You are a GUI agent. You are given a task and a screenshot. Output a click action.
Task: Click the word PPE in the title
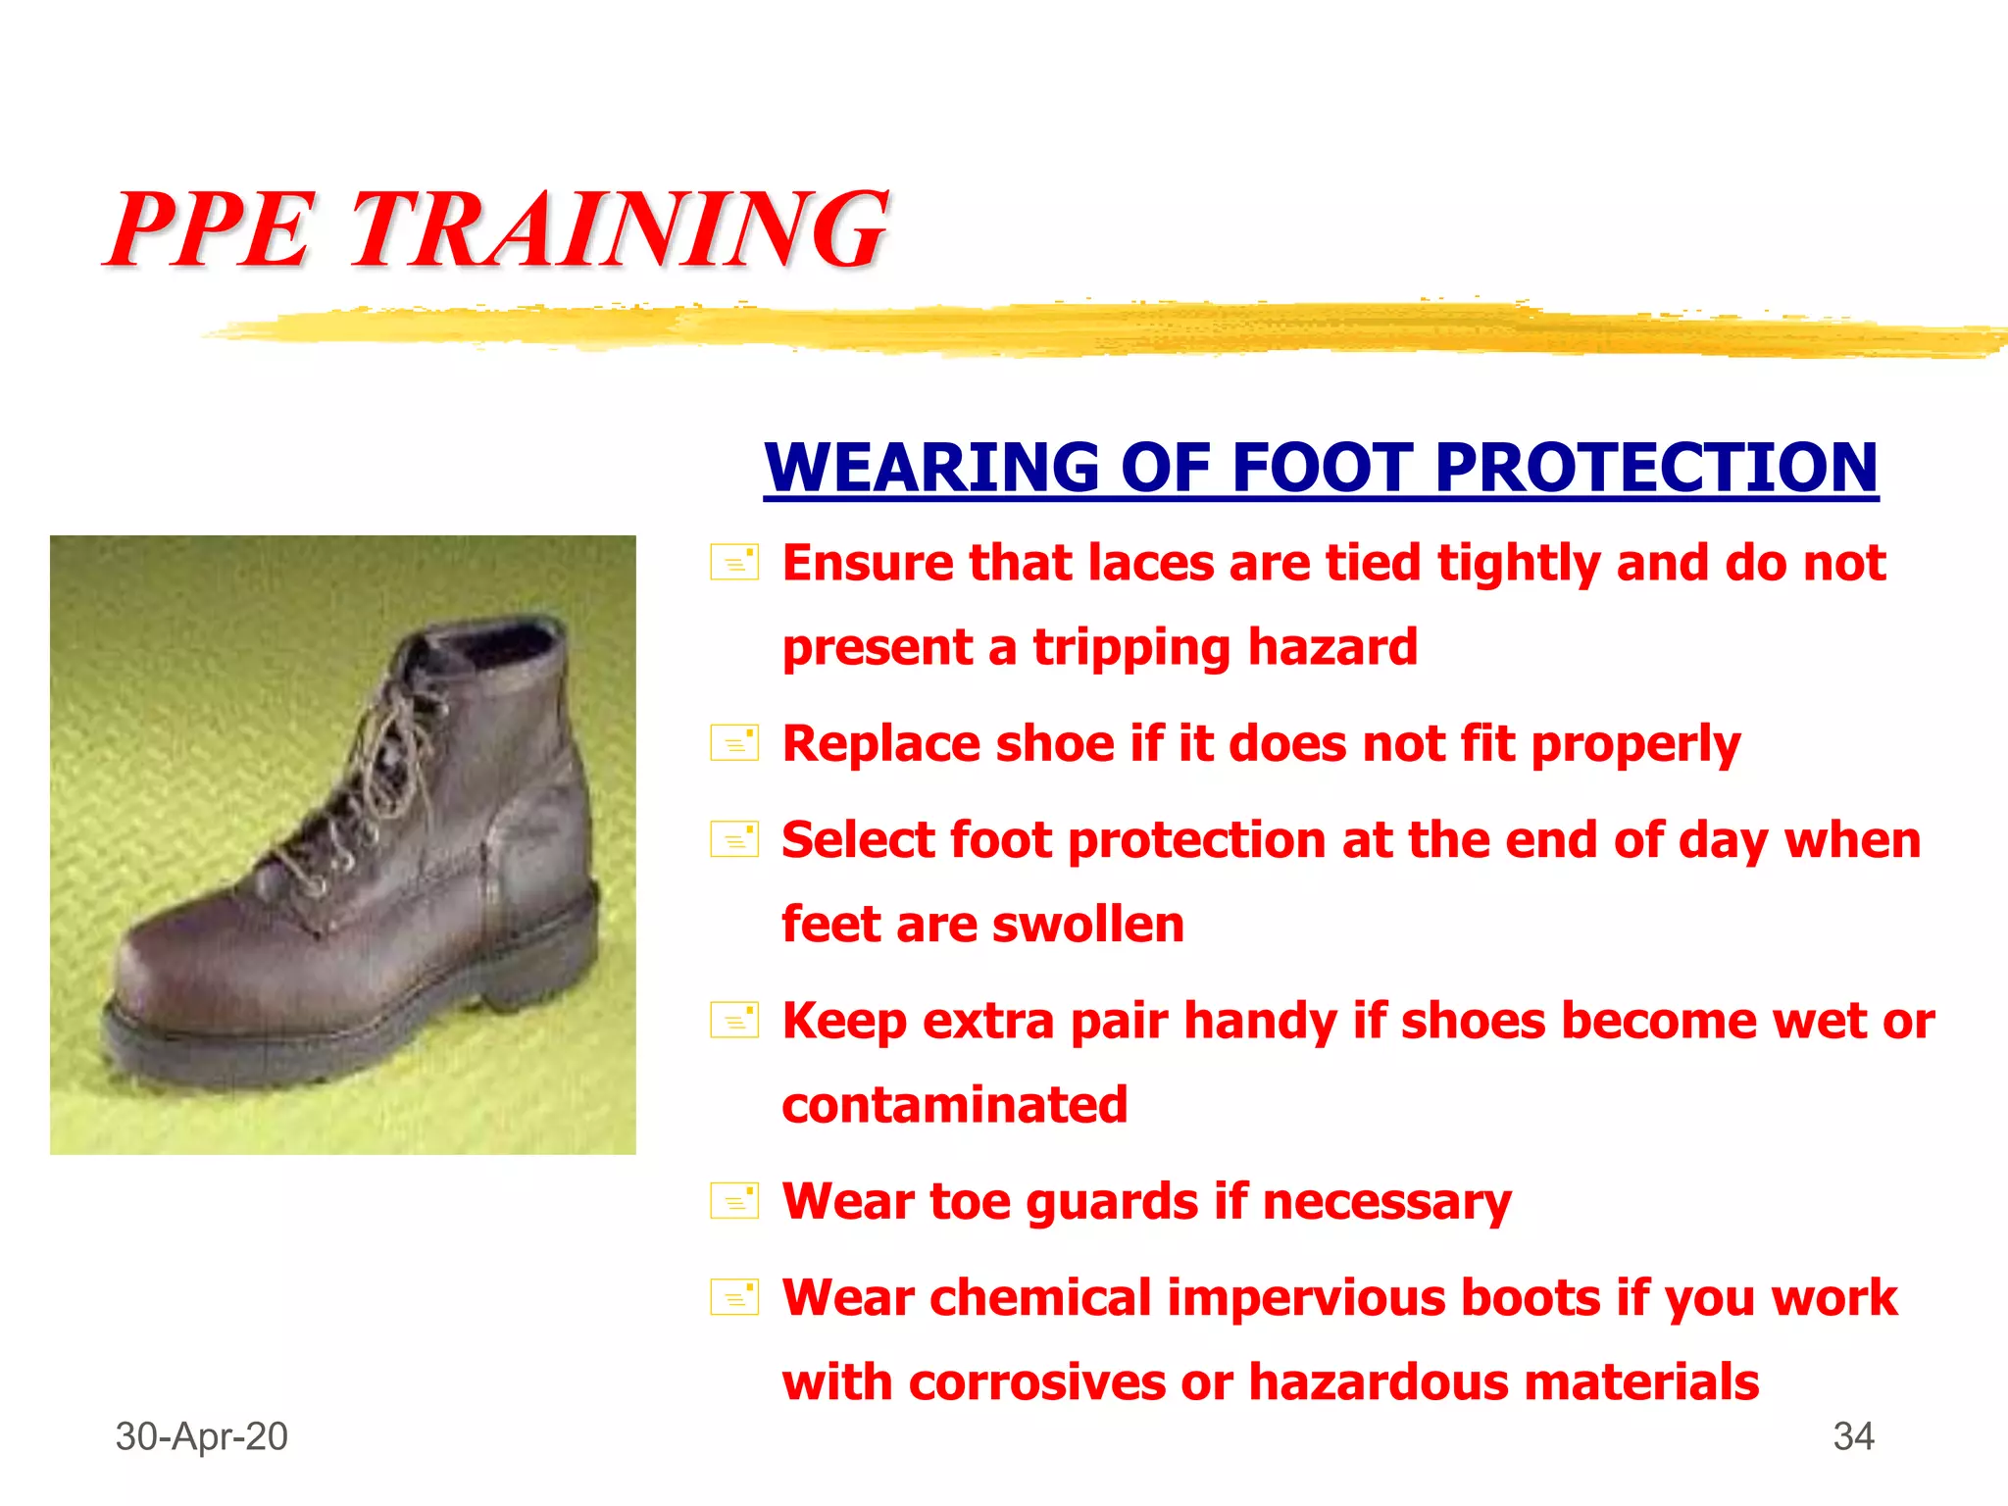pos(211,230)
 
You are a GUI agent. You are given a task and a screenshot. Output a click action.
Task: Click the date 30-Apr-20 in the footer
pos(201,1436)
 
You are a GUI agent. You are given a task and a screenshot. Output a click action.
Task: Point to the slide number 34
pos(1853,1436)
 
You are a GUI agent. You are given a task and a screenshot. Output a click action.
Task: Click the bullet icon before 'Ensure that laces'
pos(734,563)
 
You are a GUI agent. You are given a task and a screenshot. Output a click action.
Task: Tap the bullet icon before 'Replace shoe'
pos(734,743)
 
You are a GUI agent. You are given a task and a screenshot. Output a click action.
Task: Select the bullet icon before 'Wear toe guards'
pos(734,1201)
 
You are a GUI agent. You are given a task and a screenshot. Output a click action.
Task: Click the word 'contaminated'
pos(954,1105)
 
